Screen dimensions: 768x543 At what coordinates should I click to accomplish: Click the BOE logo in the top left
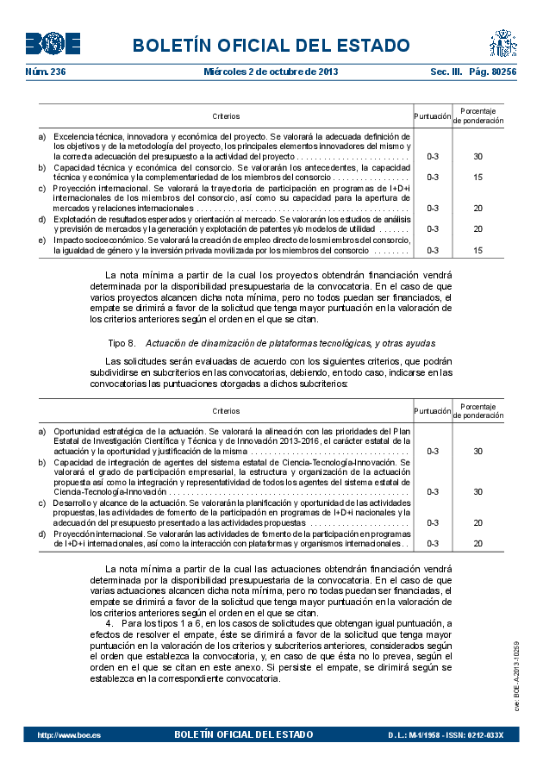click(x=53, y=43)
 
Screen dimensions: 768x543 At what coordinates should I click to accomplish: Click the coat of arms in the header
click(x=502, y=42)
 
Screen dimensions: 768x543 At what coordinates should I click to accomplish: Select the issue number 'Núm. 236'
click(x=46, y=72)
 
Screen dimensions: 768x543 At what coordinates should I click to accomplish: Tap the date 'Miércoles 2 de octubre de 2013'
click(x=271, y=72)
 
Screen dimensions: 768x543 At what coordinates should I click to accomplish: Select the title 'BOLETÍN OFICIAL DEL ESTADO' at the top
click(x=271, y=45)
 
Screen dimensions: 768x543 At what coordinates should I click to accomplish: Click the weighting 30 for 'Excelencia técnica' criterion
click(x=477, y=157)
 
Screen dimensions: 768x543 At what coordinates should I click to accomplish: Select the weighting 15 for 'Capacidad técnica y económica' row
click(x=477, y=178)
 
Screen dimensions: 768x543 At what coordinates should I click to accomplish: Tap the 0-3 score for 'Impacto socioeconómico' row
click(x=433, y=250)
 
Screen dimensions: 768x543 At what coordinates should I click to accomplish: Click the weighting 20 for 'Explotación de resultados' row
click(x=477, y=229)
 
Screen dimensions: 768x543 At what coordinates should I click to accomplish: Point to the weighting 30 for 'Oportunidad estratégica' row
click(x=477, y=451)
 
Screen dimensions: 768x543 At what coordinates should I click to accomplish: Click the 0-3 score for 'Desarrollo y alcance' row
click(x=433, y=522)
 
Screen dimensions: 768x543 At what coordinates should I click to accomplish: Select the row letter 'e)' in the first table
click(x=42, y=240)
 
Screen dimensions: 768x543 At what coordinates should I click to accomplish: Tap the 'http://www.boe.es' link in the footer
click(x=69, y=735)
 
